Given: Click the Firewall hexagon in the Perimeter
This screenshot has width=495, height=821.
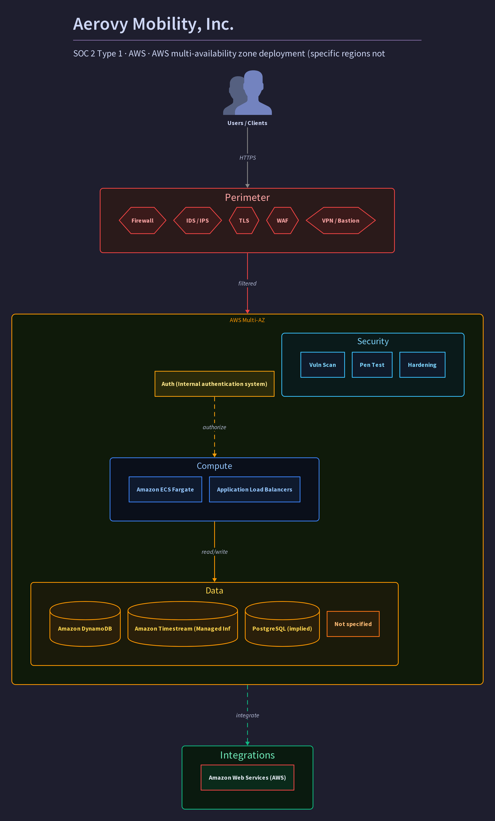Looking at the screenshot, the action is [142, 220].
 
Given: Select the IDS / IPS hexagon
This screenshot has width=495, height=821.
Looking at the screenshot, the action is [197, 220].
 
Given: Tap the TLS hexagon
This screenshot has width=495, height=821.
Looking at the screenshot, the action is [244, 220].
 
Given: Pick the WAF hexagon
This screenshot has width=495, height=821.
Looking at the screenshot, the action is [282, 220].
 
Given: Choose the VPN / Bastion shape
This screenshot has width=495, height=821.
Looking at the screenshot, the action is [341, 220].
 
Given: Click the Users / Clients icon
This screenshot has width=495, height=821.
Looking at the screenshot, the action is [247, 93].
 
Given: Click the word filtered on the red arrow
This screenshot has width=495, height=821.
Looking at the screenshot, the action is [247, 284].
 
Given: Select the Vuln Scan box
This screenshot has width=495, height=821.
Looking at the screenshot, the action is [323, 365].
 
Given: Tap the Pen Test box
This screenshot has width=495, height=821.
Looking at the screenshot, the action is [372, 365].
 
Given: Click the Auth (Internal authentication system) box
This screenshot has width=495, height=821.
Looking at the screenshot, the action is [214, 384].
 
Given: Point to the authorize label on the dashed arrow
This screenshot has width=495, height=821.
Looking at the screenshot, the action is [214, 427].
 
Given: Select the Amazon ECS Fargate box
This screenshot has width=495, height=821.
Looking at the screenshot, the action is [165, 489].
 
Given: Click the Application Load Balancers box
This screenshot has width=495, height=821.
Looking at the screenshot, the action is [255, 489].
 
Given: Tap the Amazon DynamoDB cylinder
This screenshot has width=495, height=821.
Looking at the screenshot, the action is [85, 624].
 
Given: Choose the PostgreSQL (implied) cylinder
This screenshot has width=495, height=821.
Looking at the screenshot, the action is [282, 624].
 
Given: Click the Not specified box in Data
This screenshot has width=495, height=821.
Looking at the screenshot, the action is [353, 624].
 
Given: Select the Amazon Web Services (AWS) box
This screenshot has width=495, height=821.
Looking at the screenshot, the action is [247, 778].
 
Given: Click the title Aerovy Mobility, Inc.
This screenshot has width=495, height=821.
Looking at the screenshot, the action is [153, 24].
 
